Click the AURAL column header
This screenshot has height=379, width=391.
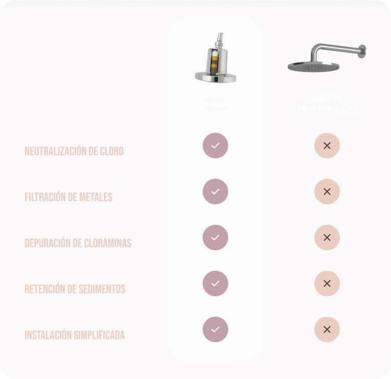pos(215,104)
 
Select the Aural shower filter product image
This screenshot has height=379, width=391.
pos(215,59)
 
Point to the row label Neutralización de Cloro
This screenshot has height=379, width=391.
pos(74,152)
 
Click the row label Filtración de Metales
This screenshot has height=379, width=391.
pos(68,197)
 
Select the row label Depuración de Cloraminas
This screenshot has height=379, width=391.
pos(78,243)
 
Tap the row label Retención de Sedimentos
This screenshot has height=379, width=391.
pos(75,289)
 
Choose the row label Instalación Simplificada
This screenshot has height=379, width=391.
pos(75,335)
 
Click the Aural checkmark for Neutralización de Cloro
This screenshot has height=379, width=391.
pos(215,146)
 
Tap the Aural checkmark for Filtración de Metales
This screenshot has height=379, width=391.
pos(215,192)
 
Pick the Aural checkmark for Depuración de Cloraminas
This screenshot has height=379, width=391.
pos(215,238)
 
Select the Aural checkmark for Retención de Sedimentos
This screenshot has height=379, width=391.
pos(215,283)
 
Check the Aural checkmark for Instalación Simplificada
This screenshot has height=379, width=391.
pos(215,329)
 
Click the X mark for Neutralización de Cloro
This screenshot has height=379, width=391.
pos(327,146)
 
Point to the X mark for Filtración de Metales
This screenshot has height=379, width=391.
pos(327,192)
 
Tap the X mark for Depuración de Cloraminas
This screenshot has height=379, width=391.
pos(327,238)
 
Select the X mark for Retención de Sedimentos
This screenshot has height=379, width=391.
pos(327,283)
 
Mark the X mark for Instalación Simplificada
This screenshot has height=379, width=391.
pos(327,329)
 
